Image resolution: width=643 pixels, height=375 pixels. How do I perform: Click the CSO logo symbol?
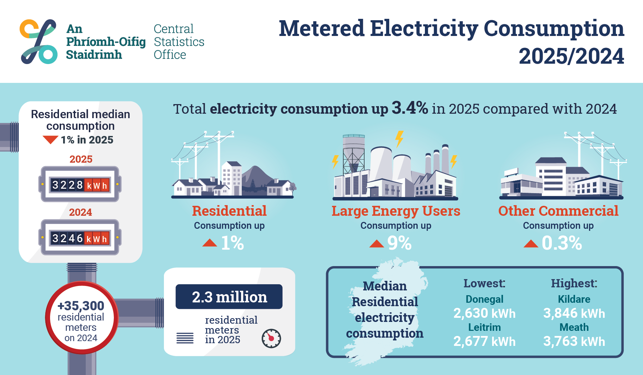coord(38,41)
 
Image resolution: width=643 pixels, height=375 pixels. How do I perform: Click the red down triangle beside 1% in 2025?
coord(50,139)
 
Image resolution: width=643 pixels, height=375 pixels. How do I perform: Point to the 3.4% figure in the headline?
coord(410,108)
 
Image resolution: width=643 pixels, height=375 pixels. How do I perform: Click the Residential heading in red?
coord(229,211)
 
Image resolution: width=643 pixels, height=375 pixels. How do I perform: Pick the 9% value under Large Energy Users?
coord(399,243)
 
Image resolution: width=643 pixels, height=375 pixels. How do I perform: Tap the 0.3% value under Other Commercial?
coord(562,243)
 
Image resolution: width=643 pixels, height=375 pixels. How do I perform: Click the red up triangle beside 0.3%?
coord(531,243)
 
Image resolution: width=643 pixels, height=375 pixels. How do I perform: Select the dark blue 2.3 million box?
coord(229,297)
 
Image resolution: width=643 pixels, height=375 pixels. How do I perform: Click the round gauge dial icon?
coord(271,338)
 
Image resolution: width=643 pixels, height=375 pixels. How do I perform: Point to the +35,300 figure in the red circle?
coord(81,305)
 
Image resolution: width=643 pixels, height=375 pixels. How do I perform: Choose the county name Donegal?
coord(484,299)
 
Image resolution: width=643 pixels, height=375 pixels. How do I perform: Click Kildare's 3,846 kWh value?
coord(574,313)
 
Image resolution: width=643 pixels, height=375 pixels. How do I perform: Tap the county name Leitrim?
coord(484,327)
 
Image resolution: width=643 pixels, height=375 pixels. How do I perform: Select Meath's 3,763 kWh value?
coord(574,341)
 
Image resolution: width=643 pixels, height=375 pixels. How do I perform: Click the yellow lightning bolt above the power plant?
coord(399,139)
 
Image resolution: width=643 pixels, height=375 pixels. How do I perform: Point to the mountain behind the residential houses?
coord(255,178)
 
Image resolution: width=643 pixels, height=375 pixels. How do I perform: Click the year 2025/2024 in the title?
coord(571,56)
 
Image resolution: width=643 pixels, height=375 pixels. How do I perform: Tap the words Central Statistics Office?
coord(179,41)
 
